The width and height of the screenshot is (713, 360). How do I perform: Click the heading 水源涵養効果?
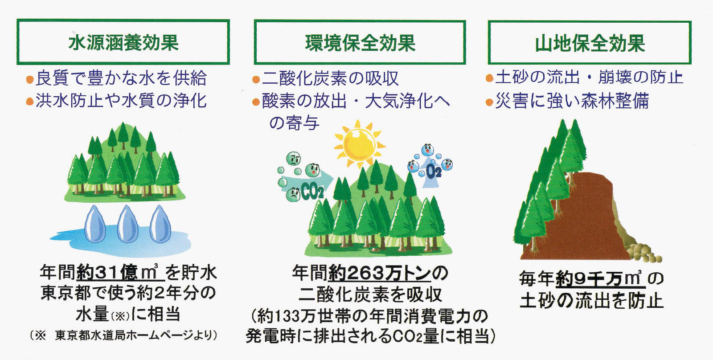pos(123,43)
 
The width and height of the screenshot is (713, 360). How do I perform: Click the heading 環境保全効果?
pos(360,43)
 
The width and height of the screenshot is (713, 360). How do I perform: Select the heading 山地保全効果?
pos(590,44)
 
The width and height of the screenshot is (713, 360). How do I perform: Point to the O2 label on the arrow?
pos(433,171)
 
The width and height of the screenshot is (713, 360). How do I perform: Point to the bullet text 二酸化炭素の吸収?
pos(330,79)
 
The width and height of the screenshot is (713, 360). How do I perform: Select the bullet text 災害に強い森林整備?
pos(572,101)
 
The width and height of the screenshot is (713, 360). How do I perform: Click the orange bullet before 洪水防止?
pos(30,102)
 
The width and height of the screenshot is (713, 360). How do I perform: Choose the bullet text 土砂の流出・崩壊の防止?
pos(589,77)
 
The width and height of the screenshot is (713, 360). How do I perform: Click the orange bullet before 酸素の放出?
pos(256,102)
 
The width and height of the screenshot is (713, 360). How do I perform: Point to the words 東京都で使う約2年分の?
pos(128,293)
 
